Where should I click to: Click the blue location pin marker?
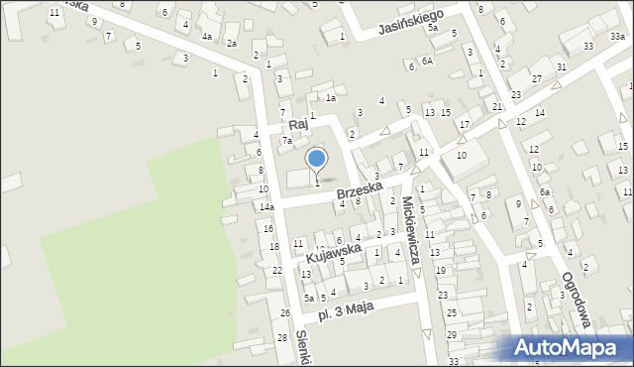click(317, 158)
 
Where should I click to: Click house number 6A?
click(426, 61)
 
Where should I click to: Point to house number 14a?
click(266, 206)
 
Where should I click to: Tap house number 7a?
click(286, 141)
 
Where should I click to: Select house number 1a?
click(332, 97)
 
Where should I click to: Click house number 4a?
click(207, 37)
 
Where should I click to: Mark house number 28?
click(282, 338)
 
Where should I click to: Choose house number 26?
click(284, 313)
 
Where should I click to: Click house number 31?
click(561, 66)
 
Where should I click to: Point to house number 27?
click(536, 77)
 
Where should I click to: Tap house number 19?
click(441, 270)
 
